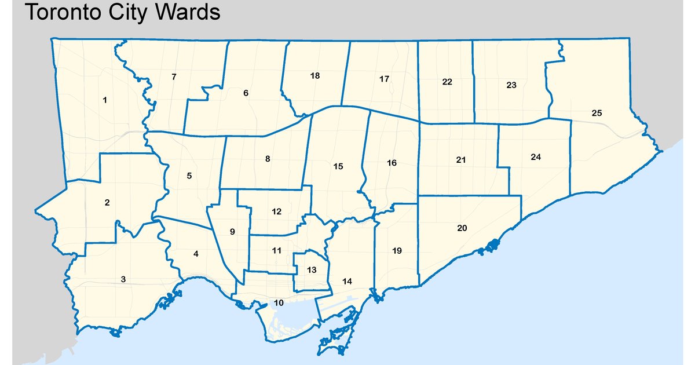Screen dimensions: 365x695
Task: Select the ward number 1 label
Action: [x=105, y=100]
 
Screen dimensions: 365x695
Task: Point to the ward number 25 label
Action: [x=597, y=113]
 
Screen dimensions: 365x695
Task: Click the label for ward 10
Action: [x=279, y=302]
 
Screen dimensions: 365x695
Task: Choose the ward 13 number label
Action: [x=312, y=270]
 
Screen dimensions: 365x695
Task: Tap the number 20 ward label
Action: [x=462, y=228]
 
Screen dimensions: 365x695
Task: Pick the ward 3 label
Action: [x=123, y=279]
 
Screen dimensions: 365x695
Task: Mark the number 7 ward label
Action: [x=174, y=76]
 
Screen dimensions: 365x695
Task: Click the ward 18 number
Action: [x=315, y=76]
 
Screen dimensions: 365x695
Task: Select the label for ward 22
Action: [x=447, y=82]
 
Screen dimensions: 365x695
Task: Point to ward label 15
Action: [x=338, y=166]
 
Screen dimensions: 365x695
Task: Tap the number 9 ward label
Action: [x=232, y=232]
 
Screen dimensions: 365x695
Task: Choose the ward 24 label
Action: [x=535, y=157]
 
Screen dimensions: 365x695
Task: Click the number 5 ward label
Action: [x=189, y=175]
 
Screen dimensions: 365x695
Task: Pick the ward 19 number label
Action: [x=396, y=251]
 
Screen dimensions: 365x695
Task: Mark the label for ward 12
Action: [x=276, y=211]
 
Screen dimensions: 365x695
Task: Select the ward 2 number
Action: [x=107, y=202]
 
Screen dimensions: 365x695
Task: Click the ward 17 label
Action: [x=384, y=79]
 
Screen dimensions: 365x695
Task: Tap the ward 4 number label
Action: [x=196, y=254]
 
